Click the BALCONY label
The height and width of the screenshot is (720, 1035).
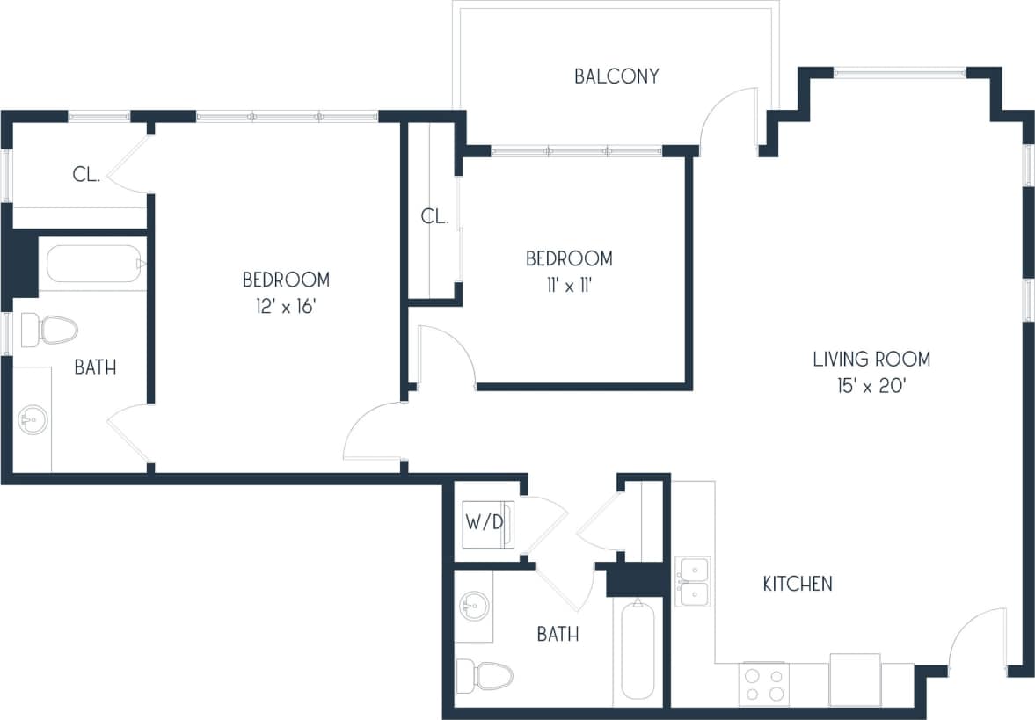click(616, 76)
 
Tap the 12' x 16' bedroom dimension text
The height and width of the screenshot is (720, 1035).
click(286, 309)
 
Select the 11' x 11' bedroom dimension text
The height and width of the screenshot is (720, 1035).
click(569, 286)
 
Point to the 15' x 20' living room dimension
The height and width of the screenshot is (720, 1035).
click(871, 387)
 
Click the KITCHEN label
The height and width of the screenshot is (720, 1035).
click(797, 584)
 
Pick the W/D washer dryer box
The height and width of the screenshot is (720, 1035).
click(485, 523)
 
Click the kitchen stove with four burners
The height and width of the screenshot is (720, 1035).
click(763, 684)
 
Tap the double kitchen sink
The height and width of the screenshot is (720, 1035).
click(692, 582)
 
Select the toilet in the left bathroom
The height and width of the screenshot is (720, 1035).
click(49, 330)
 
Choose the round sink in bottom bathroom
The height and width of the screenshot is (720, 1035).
click(475, 606)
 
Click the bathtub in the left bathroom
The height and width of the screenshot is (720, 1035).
click(93, 264)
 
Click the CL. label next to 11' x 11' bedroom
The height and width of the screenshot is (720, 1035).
click(435, 216)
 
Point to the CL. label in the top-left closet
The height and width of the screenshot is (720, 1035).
click(86, 175)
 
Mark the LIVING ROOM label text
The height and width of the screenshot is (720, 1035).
click(871, 359)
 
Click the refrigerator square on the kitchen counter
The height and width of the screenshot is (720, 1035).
click(855, 680)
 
